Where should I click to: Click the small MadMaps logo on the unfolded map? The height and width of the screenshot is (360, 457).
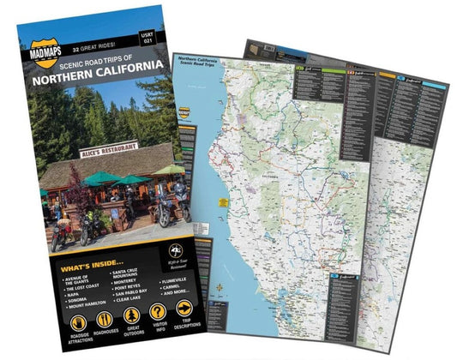[183, 115]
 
